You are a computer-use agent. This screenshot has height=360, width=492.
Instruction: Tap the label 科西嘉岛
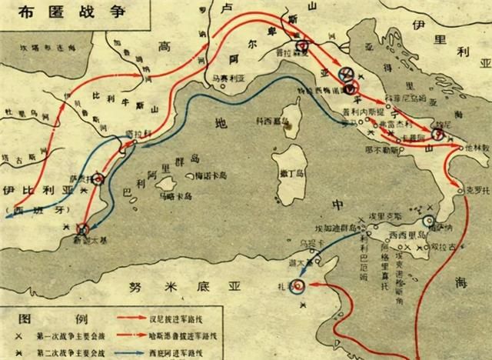272,121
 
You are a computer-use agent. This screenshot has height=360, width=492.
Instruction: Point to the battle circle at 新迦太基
84,227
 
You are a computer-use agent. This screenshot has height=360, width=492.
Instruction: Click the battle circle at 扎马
300,285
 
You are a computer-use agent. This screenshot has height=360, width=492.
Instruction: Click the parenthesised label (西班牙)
30,208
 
